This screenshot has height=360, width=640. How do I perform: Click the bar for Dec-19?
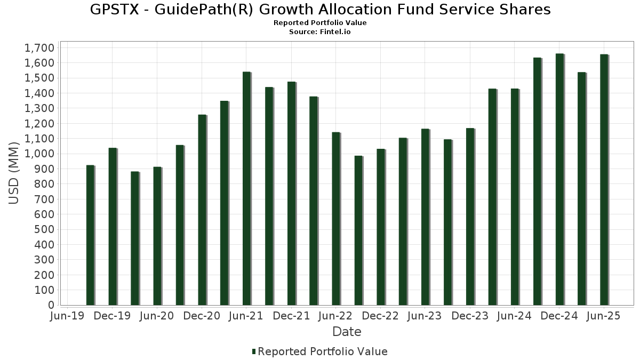point(113,227)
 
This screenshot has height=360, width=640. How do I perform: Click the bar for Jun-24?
point(515,197)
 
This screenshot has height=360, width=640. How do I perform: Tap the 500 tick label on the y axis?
point(45,229)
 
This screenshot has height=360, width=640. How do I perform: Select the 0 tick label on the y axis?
point(51,305)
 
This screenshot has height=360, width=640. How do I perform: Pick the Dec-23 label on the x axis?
point(470,316)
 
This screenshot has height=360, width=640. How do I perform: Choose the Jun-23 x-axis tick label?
point(425,316)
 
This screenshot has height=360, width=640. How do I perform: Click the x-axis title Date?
point(347,332)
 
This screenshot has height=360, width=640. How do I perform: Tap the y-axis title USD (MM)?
point(14,173)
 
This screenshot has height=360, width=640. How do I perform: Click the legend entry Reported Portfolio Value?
point(322,351)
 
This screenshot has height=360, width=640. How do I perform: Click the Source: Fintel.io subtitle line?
point(320,32)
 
